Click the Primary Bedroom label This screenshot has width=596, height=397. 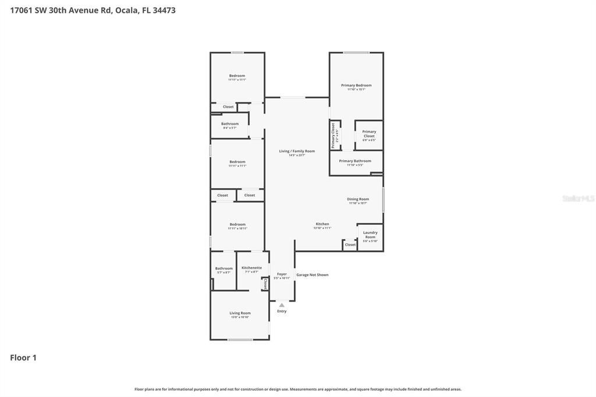click(x=356, y=86)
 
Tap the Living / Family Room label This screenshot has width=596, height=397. click(x=297, y=151)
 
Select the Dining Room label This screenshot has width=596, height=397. click(x=358, y=199)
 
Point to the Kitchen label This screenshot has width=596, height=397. click(x=322, y=224)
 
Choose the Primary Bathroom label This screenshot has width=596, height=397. click(x=355, y=161)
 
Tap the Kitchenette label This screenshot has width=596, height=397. click(x=251, y=268)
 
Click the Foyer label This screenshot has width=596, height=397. click(x=282, y=274)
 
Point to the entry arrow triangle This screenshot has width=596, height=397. click(x=282, y=304)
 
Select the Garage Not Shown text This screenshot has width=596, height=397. click(x=313, y=275)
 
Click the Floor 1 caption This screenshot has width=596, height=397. click(x=23, y=358)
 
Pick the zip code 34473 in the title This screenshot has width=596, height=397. click(x=163, y=10)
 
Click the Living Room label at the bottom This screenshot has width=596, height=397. click(x=240, y=313)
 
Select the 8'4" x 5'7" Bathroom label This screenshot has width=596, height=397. click(x=230, y=124)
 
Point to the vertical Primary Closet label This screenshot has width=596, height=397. click(x=333, y=135)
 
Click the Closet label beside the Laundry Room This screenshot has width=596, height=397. click(x=350, y=245)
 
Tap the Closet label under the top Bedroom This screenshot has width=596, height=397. click(x=228, y=107)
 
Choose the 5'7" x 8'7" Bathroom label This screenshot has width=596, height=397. click(x=223, y=268)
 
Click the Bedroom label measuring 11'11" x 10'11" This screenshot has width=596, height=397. click(x=237, y=225)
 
